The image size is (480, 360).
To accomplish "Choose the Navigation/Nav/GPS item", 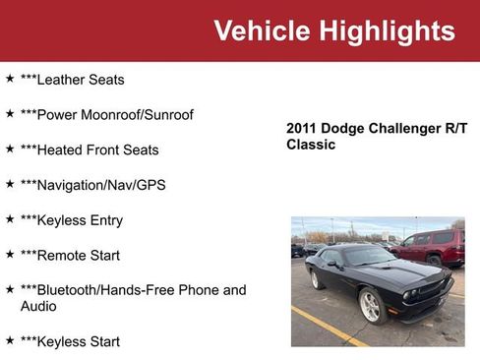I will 92,185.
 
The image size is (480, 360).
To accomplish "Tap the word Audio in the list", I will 39,306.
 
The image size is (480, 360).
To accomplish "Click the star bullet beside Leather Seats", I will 10,78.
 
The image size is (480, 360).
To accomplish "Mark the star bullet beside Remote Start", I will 10,255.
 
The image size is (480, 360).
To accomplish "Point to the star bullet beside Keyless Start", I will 10,340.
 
